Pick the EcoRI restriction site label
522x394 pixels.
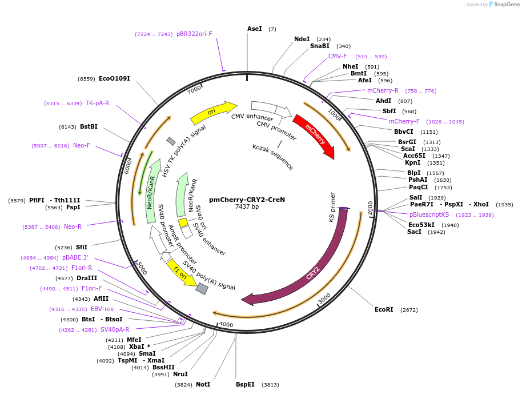pos(384,309)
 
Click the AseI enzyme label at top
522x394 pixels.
pos(255,29)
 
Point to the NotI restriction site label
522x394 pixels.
pos(203,384)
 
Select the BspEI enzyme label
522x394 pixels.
pos(245,384)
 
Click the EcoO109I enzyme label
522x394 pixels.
pos(114,78)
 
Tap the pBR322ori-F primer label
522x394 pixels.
pos(194,34)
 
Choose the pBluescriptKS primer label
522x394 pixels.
pos(429,214)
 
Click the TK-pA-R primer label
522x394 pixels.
pos(97,103)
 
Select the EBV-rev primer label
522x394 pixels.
pos(102,309)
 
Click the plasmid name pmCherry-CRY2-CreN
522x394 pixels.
pos(247,200)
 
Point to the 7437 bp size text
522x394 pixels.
pos(247,206)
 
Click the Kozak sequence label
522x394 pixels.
pos(272,156)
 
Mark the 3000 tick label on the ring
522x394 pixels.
pos(324,299)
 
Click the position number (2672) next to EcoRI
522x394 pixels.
pos(409,309)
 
